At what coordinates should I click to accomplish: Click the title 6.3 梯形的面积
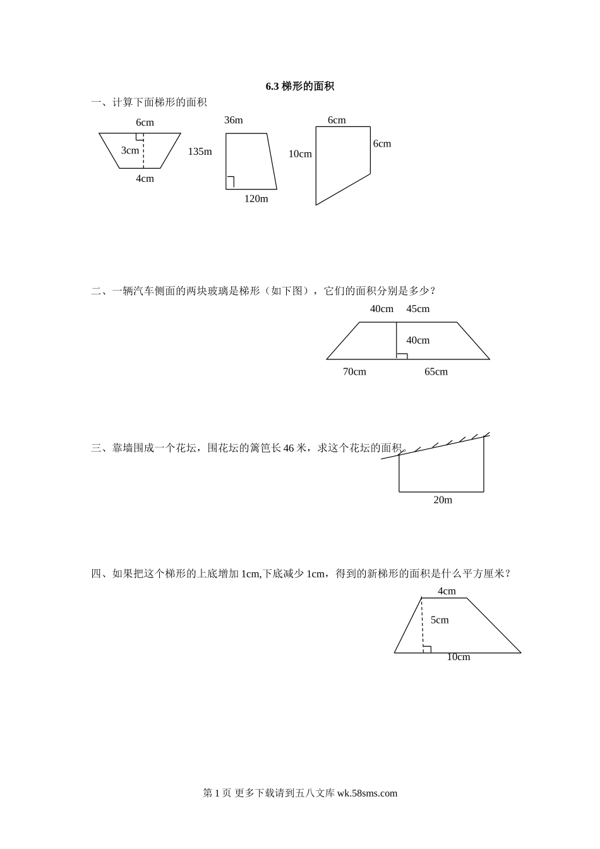click(300, 87)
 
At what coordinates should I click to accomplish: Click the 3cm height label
click(130, 150)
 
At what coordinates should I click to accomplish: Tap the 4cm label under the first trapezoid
click(145, 179)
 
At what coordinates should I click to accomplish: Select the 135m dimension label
click(200, 152)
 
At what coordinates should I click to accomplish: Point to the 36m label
click(234, 120)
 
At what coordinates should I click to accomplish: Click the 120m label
click(256, 198)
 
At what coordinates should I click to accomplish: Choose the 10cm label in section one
click(300, 154)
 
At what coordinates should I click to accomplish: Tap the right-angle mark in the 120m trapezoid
click(230, 183)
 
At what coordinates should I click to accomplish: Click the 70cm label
click(354, 372)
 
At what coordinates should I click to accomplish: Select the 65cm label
click(436, 372)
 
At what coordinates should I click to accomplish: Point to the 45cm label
click(418, 309)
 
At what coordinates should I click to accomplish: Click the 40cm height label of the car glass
click(418, 340)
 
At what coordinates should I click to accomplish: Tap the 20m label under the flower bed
click(443, 500)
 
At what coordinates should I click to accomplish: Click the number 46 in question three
click(289, 448)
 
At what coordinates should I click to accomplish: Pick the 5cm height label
click(440, 620)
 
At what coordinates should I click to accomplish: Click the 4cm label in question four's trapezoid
click(447, 591)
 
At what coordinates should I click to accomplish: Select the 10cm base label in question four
click(459, 657)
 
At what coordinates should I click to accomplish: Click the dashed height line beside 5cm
click(423, 625)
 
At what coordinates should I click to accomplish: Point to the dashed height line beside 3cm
click(143, 150)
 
